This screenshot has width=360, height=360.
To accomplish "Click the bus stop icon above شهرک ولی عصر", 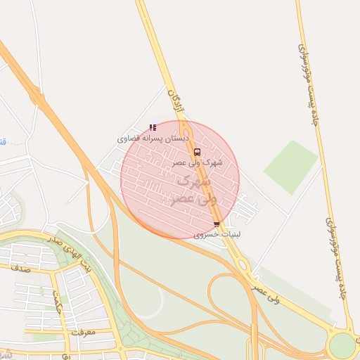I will [196, 151].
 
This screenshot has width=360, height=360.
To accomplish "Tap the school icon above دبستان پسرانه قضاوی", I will [153, 127].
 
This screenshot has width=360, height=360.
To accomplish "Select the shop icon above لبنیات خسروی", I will [216, 225].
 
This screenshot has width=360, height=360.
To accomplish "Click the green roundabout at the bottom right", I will [343, 345].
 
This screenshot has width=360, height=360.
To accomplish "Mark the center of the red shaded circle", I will [180, 179].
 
